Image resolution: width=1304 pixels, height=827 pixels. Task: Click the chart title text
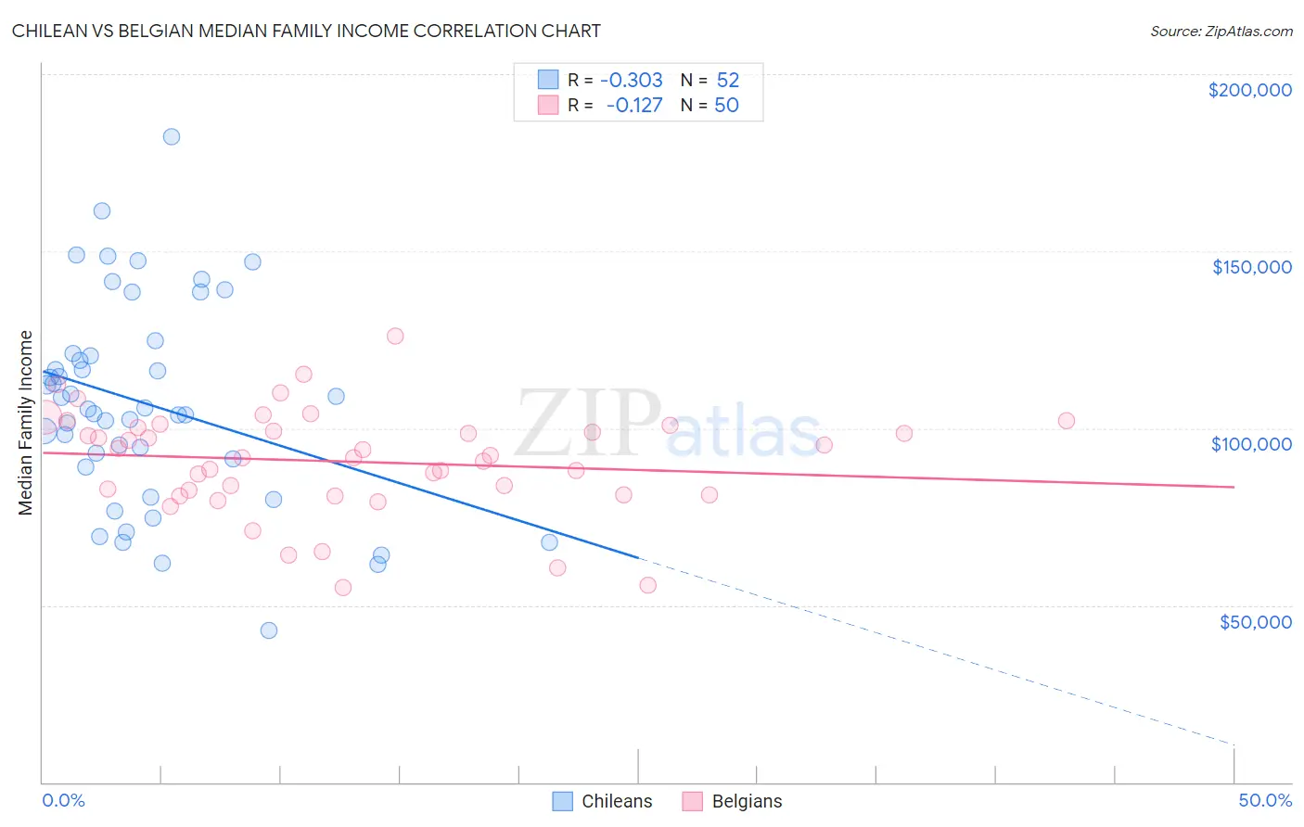click(306, 31)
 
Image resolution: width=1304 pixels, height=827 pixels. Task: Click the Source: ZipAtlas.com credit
click(1221, 31)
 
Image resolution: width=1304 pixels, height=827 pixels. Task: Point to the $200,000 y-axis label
click(1249, 90)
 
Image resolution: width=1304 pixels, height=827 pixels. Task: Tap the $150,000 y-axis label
click(1251, 267)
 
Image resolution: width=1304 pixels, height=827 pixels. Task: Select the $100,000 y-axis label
click(1251, 444)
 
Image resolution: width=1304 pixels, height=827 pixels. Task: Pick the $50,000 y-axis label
click(1255, 621)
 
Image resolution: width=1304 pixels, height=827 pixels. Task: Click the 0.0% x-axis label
click(63, 800)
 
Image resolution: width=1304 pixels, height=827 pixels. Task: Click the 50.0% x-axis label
click(1265, 800)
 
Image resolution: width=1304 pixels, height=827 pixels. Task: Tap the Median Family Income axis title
click(26, 423)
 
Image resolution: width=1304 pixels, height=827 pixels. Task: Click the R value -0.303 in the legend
click(632, 80)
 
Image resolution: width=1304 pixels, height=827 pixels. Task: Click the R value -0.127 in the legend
click(634, 105)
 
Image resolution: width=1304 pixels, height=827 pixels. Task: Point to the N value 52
click(728, 80)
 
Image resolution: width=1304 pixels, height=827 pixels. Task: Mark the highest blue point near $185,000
click(172, 136)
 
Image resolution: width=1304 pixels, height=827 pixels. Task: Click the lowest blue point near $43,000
click(269, 630)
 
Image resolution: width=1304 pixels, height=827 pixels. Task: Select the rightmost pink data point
click(1067, 421)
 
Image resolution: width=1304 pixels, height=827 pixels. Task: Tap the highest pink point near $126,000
click(395, 337)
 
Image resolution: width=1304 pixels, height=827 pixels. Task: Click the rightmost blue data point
click(549, 542)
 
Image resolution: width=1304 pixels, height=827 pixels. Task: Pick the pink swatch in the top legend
click(548, 105)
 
